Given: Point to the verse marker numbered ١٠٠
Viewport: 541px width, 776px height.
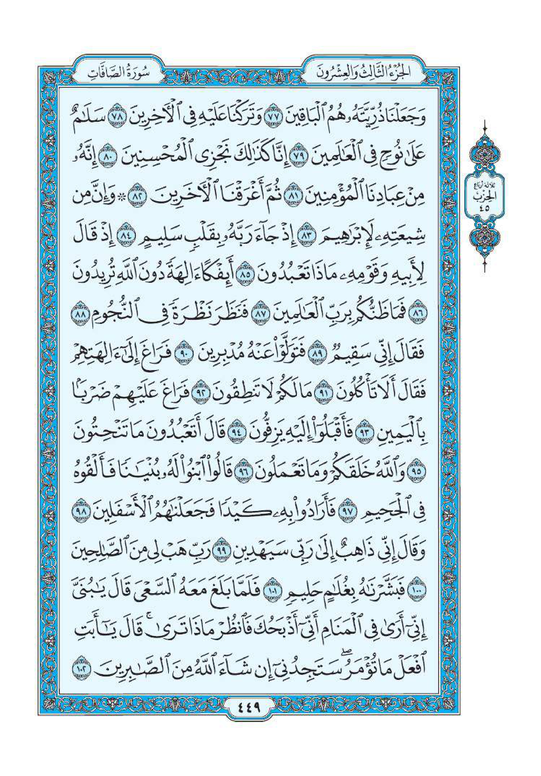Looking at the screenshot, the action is tap(79, 569).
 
